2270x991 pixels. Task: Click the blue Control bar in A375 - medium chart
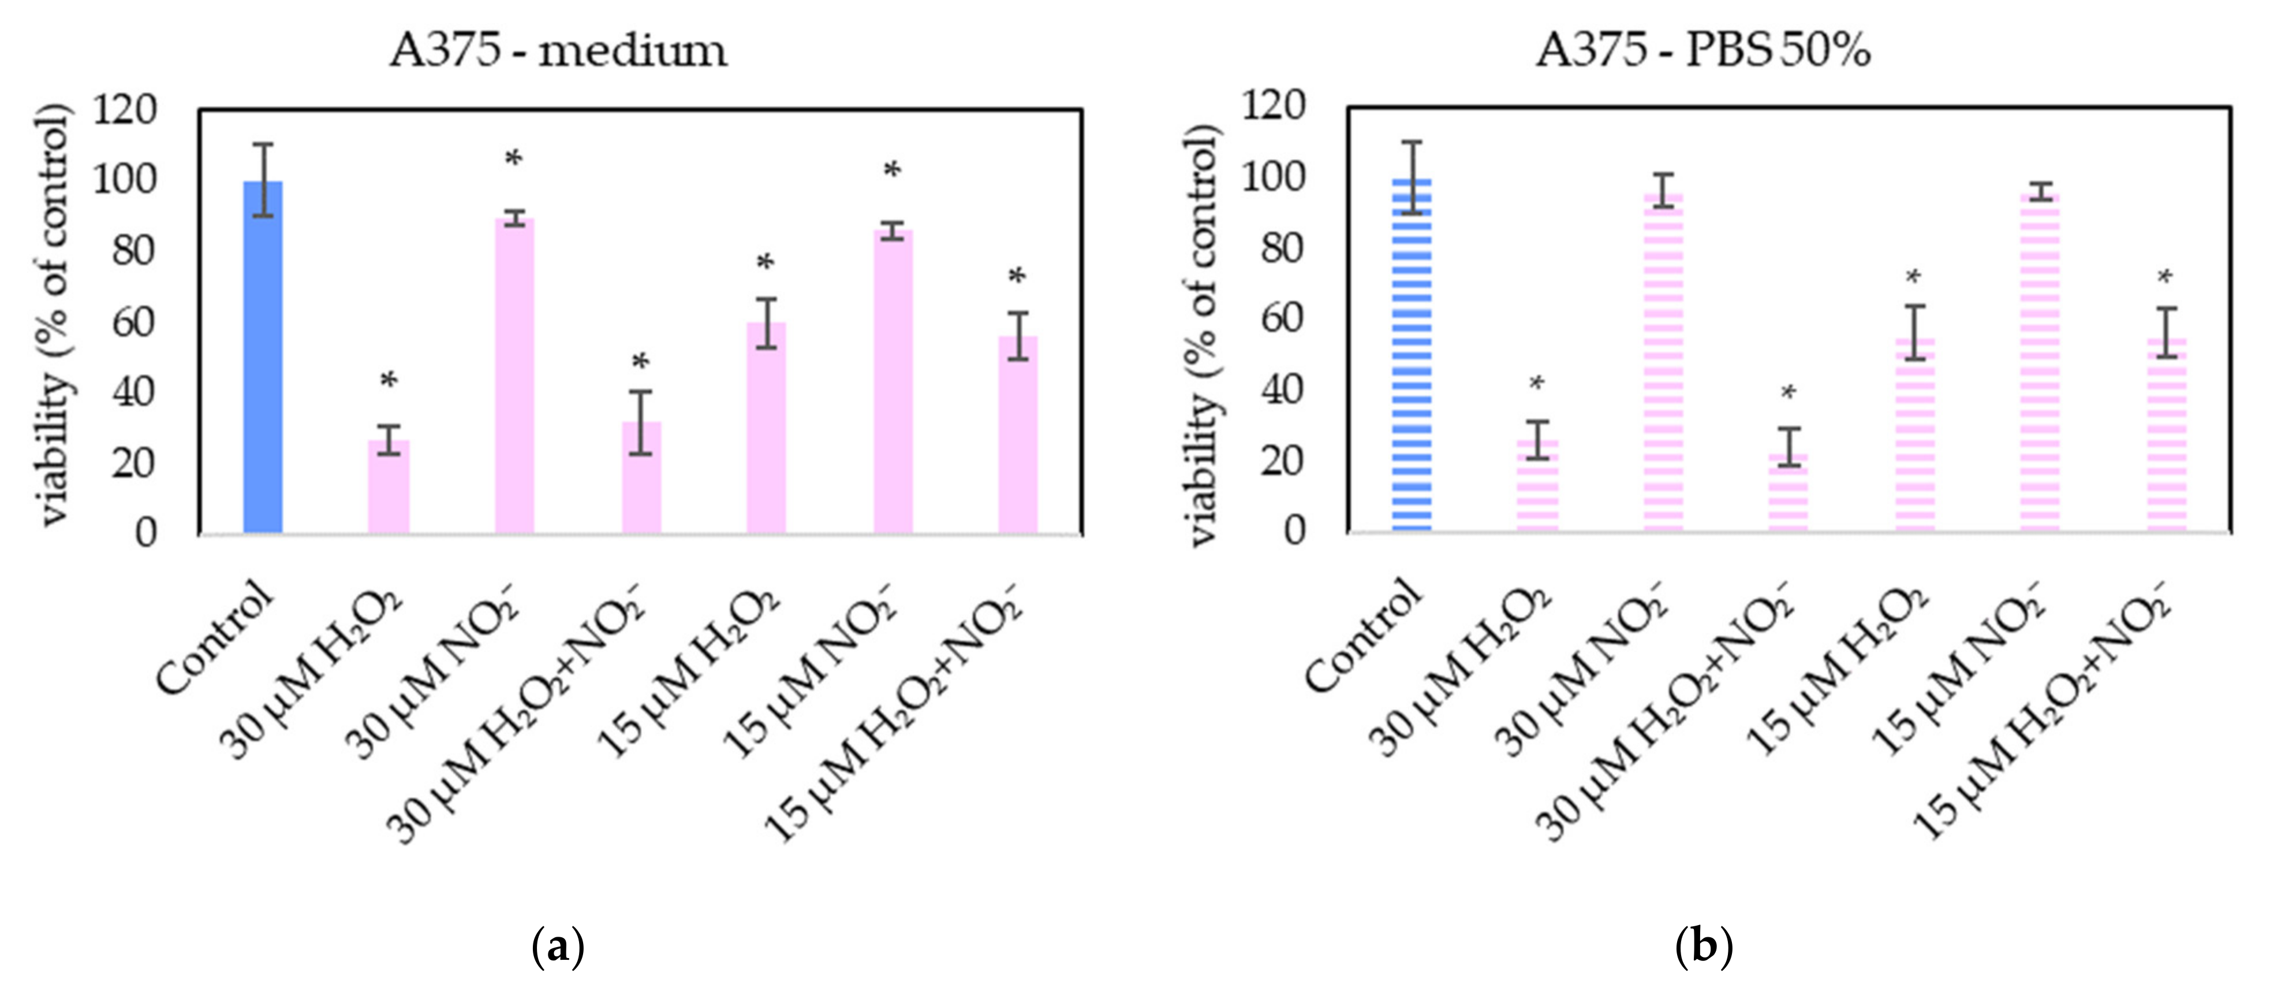tap(263, 357)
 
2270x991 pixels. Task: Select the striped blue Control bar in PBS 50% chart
tap(1412, 354)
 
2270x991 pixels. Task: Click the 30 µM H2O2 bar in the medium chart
tap(389, 487)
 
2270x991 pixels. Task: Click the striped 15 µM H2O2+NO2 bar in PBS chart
tap(2167, 434)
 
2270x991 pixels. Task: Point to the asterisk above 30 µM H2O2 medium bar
tap(389, 381)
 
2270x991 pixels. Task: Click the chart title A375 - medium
tap(559, 50)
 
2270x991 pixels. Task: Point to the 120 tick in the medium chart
tap(124, 110)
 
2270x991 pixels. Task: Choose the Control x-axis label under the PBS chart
tap(1363, 636)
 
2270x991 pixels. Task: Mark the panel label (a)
tap(559, 947)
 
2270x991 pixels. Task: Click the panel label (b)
tap(1704, 947)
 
